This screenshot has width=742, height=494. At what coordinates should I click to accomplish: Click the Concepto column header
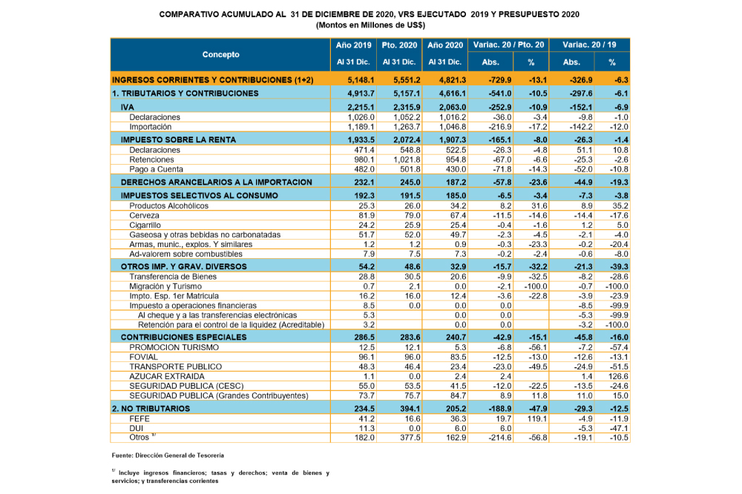click(x=220, y=55)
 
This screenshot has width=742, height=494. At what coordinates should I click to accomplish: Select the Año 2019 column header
click(x=352, y=45)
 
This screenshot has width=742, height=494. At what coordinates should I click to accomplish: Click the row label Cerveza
click(x=145, y=215)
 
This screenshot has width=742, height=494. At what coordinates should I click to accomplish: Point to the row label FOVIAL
click(x=144, y=357)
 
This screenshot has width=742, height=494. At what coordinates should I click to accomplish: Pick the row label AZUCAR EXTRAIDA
click(x=166, y=376)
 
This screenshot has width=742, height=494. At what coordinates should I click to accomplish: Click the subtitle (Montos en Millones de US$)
click(x=370, y=24)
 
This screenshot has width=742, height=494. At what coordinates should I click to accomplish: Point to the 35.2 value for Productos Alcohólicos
click(x=619, y=205)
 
